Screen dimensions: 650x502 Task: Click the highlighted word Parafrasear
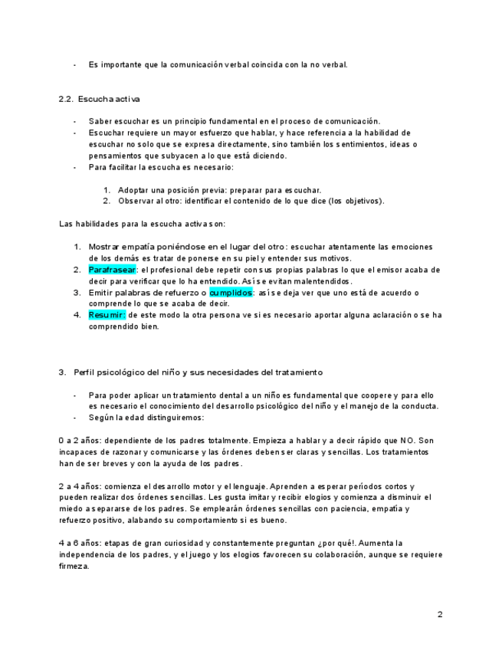coord(112,270)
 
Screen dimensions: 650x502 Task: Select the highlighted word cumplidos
coord(231,292)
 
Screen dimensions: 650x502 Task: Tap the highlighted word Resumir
coord(107,314)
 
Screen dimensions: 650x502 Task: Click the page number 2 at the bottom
coord(440,614)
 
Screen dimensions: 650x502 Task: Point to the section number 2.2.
coord(65,100)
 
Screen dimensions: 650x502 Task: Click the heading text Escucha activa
coord(109,100)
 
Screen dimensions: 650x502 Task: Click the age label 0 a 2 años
coord(79,440)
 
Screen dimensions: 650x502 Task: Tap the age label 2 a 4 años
coord(79,487)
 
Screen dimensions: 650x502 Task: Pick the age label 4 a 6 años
coord(79,543)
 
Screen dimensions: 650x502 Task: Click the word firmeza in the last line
coord(74,567)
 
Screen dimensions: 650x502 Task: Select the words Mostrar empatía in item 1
coord(120,247)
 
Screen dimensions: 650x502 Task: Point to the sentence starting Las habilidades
coord(142,224)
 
